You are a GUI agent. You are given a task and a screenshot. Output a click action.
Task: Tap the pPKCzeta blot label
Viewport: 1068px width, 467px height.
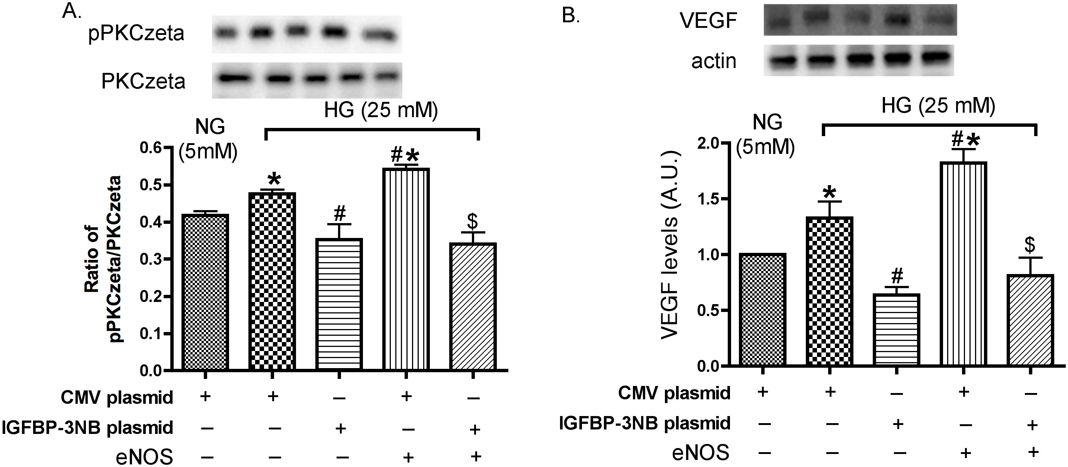(x=136, y=33)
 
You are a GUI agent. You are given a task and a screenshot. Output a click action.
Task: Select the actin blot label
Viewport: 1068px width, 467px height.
(x=714, y=61)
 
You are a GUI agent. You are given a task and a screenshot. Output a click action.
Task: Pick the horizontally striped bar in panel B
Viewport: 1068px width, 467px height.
(x=896, y=330)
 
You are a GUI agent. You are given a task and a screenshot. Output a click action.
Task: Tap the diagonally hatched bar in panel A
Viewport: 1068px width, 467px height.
(x=473, y=306)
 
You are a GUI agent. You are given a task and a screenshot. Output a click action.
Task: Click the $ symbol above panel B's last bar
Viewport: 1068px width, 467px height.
(x=1030, y=245)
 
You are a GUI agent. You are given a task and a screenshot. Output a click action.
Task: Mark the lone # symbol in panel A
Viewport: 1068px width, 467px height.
(x=339, y=214)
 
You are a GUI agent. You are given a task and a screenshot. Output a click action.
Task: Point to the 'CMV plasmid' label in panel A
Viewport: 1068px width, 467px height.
(x=117, y=397)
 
